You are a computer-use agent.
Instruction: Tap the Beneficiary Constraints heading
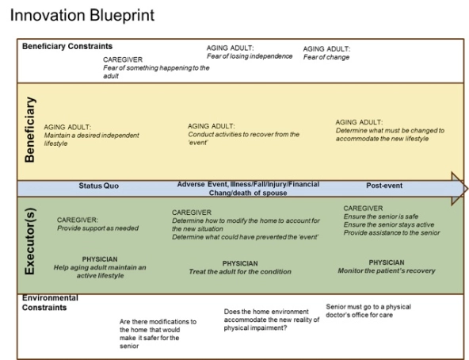(67, 47)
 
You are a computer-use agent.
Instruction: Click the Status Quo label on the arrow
(100, 186)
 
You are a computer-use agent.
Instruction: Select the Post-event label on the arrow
(383, 186)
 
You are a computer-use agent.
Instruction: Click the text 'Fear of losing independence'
(250, 56)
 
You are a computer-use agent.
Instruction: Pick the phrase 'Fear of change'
(327, 56)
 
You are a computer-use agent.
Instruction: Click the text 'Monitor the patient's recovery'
(386, 270)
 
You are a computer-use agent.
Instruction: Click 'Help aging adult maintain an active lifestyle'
(99, 272)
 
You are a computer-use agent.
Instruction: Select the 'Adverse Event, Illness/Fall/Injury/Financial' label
(248, 184)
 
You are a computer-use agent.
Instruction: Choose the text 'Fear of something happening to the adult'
(155, 72)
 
